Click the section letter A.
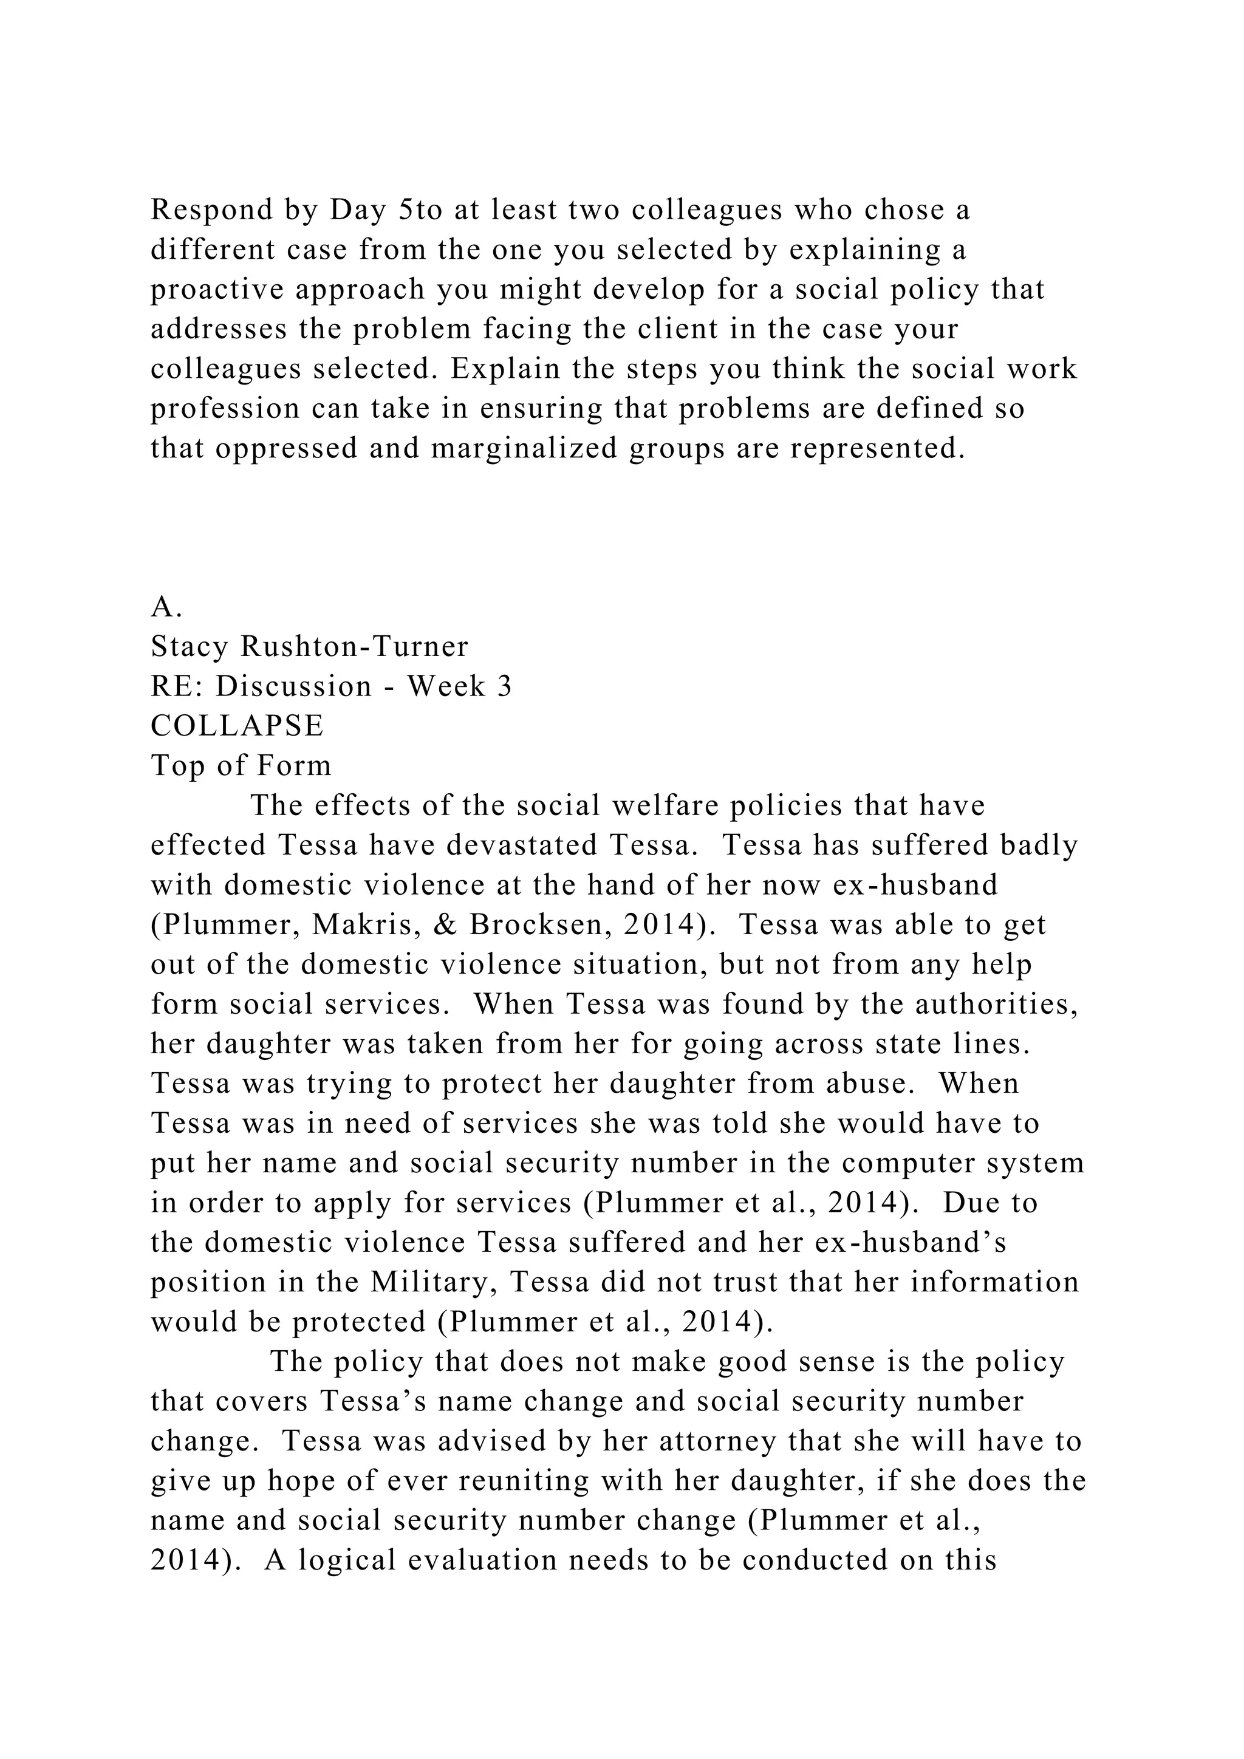coord(165,607)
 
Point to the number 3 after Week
coord(504,686)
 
